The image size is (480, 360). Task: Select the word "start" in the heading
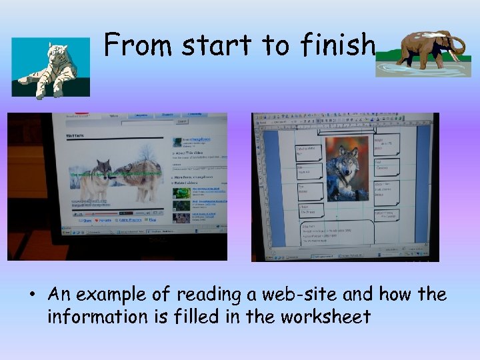215,45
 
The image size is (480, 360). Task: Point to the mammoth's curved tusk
456,50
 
